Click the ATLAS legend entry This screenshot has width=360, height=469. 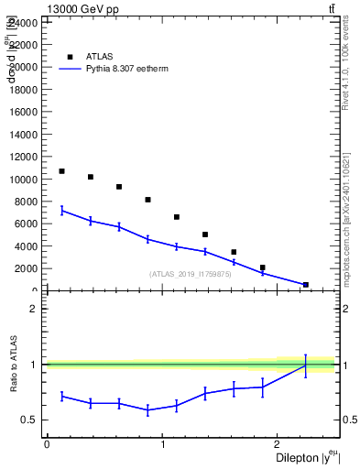(99, 56)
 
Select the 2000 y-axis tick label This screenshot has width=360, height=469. (26, 268)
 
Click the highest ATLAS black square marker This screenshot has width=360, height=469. (61, 171)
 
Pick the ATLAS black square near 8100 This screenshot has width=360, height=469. (147, 200)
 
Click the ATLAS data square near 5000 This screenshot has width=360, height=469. (205, 234)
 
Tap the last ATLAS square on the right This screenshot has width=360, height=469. (305, 285)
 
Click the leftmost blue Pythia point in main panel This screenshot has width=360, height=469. (61, 211)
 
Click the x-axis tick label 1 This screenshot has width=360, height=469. (162, 444)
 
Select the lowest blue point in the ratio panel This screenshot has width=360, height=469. (147, 409)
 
